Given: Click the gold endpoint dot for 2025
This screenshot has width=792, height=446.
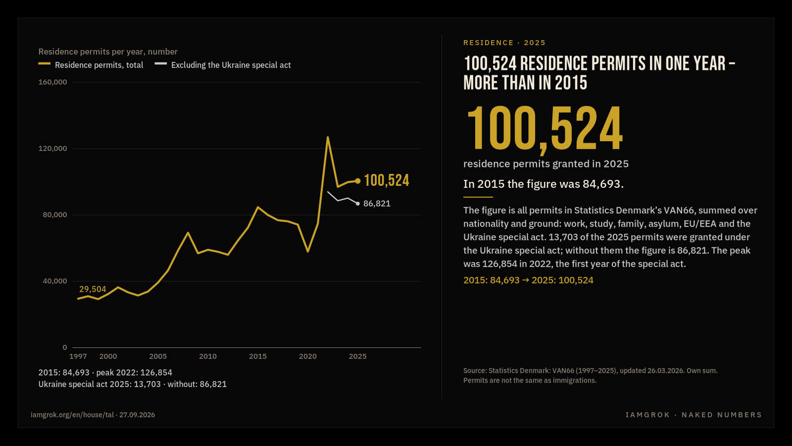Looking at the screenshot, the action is [x=358, y=181].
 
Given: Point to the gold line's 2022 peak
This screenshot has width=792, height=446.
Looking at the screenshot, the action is [x=328, y=137].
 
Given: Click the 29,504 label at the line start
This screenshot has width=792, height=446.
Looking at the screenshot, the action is [x=93, y=289].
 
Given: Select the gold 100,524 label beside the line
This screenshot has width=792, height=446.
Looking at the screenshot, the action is [x=387, y=180].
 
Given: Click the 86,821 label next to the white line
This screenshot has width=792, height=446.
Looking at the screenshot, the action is [x=377, y=204].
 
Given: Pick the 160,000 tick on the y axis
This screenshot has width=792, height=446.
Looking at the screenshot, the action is [x=52, y=82].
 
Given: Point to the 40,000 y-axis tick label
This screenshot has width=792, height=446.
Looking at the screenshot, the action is [x=55, y=281].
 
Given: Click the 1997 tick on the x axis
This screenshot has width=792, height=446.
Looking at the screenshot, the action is [x=78, y=356].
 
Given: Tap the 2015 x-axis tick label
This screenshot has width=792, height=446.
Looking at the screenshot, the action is [x=258, y=356].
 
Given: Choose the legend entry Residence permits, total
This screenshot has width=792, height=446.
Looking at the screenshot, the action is [x=91, y=65].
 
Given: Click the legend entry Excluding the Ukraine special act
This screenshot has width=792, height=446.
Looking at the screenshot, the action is [x=223, y=65].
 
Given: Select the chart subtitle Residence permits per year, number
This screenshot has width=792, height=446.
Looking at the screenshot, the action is [x=108, y=52].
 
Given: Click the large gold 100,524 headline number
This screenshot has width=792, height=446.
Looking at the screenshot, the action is [x=544, y=130].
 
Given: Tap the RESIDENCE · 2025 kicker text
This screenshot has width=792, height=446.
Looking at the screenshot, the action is [x=504, y=43].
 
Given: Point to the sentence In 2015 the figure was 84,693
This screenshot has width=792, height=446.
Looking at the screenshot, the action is [x=544, y=184].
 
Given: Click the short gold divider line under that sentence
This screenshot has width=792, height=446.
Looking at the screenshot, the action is [x=478, y=197].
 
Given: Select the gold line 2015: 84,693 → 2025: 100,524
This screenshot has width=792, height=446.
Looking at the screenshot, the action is [x=528, y=280].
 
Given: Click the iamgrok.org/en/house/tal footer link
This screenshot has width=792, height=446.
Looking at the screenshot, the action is [x=72, y=415].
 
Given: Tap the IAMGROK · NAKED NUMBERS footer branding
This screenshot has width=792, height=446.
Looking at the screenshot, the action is [x=693, y=415].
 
